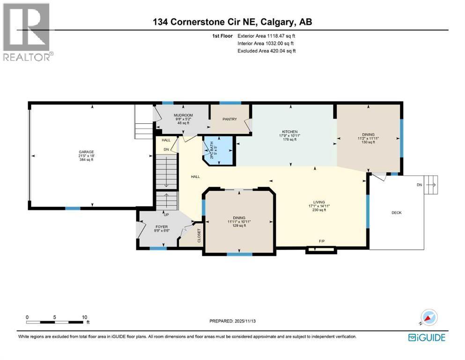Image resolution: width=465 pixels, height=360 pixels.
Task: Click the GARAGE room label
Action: [x=86, y=151]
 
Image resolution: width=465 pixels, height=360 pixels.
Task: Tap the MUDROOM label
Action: [x=183, y=115]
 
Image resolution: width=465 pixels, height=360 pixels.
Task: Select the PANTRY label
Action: [x=230, y=119]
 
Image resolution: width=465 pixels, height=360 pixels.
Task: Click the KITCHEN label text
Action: [x=290, y=132]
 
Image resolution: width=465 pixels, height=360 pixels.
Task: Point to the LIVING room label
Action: [x=317, y=202]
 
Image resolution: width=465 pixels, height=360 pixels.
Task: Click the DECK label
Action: [x=396, y=213]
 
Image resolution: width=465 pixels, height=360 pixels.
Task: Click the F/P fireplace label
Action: [x=322, y=241]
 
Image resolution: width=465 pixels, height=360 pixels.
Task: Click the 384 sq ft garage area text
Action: [x=86, y=160]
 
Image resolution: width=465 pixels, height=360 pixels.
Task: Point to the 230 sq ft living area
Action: [x=317, y=210]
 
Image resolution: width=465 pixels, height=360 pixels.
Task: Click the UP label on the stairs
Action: [x=165, y=215]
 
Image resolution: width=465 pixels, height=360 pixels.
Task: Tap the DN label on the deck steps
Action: [x=419, y=185]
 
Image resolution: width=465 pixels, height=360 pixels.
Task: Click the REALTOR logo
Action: [x=28, y=32]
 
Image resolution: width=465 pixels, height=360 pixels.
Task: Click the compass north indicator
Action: [x=427, y=317]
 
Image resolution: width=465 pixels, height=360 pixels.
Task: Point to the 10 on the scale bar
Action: [x=84, y=317]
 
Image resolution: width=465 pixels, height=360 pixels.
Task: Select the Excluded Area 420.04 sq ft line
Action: [x=266, y=51]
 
